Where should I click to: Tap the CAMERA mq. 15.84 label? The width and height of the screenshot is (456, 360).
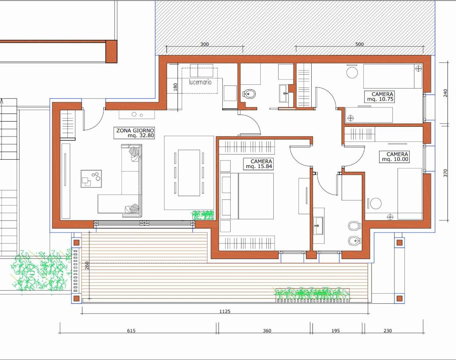coord(258,164)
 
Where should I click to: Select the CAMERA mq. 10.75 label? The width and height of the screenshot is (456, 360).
coord(379,97)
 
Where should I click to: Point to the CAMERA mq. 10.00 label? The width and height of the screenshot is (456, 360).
coord(394,157)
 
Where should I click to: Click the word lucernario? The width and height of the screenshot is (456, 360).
coord(200,82)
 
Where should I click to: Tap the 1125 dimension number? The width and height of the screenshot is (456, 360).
coord(225,311)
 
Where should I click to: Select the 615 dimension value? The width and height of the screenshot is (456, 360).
coord(131,330)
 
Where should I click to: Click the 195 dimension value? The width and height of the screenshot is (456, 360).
coord(336,330)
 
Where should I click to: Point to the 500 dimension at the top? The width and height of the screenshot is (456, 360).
coord(359,44)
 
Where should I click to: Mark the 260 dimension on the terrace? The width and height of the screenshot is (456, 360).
coord(87,265)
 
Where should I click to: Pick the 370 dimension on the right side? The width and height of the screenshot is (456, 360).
coord(445,173)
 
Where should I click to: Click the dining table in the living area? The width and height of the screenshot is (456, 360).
coord(189,173)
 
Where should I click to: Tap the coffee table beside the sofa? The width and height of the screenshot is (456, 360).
coord(91,178)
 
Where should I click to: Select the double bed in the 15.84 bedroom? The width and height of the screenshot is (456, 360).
coord(247,196)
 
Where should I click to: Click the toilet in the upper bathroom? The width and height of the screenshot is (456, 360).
coord(249,93)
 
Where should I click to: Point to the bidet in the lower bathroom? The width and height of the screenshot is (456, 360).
coord(354,241)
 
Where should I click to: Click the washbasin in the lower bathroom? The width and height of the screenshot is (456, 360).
coord(318,226)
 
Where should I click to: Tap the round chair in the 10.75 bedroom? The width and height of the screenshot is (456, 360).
coord(352,72)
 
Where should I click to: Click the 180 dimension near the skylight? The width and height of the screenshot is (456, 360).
coord(175,87)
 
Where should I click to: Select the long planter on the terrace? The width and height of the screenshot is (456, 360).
coord(313,295)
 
